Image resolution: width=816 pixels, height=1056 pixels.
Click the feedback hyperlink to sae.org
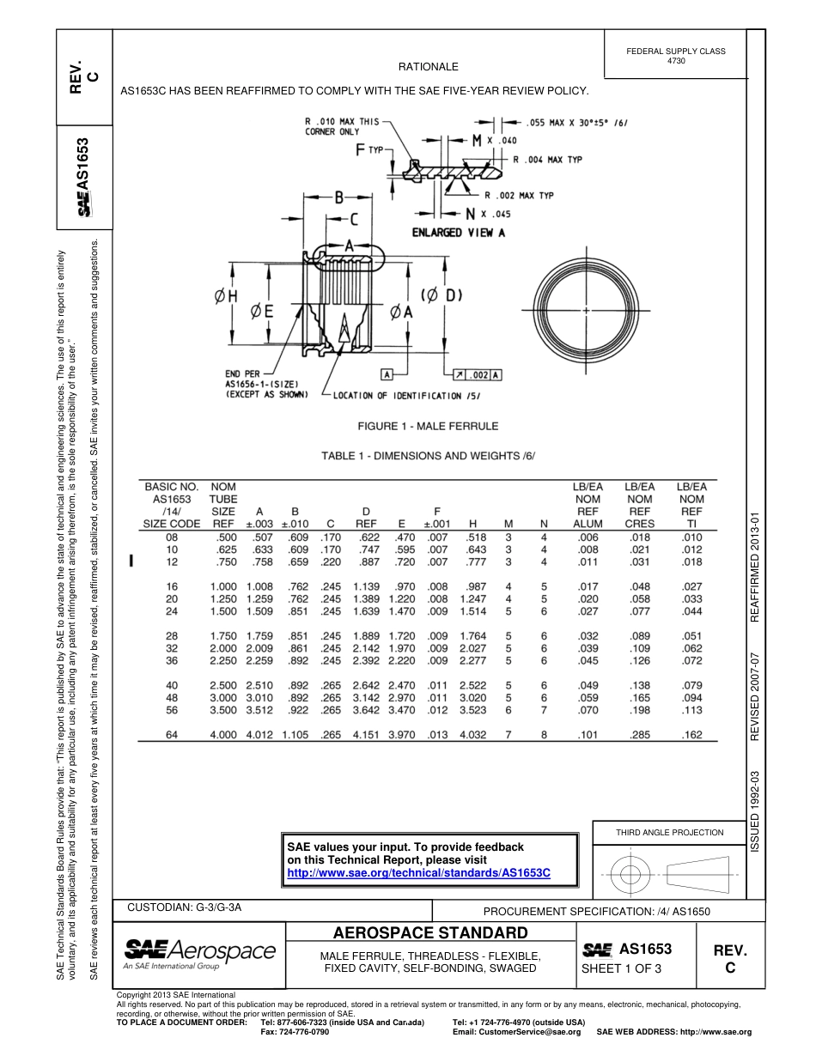pos(417,872)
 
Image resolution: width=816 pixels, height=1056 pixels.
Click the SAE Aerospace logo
pos(200,952)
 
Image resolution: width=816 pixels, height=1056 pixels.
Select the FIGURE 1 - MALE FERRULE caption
pos(428,426)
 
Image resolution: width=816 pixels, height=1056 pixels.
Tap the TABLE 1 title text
pos(428,455)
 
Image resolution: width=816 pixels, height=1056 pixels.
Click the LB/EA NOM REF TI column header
pos(691,505)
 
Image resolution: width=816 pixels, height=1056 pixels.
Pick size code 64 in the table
pos(171,734)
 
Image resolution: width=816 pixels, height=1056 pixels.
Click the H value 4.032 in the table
pos(472,734)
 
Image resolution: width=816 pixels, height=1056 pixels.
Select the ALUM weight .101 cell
pos(588,734)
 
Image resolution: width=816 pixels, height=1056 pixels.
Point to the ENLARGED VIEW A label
pos(458,232)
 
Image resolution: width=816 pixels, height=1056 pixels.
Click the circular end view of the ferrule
pos(586,308)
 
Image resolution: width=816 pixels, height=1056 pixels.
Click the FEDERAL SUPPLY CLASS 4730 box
pos(675,56)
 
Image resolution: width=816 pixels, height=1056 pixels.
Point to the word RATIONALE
pos(428,67)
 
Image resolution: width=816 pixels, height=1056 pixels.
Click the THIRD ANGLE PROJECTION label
pos(669,832)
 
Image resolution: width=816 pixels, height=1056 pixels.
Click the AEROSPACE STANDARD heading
pos(429,933)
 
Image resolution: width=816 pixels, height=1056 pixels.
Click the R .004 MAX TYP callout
pos(548,160)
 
